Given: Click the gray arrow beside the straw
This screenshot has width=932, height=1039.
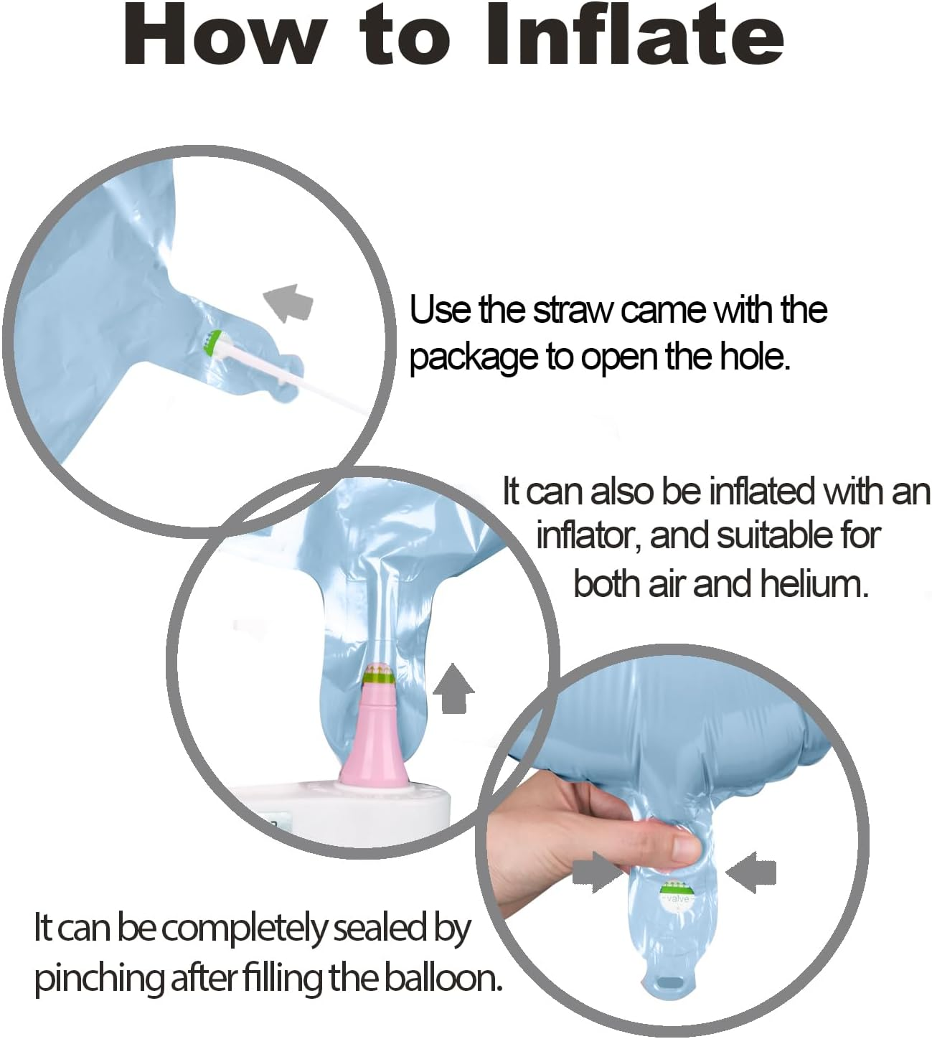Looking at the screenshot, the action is point(288,303).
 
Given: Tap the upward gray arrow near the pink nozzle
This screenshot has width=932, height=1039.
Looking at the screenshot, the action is point(453,689).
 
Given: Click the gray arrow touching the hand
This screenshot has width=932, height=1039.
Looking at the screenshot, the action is point(596,872).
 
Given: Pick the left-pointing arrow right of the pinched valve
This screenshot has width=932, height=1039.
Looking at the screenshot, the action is point(751,872).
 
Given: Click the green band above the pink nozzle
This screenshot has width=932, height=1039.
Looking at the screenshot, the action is point(379,679).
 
